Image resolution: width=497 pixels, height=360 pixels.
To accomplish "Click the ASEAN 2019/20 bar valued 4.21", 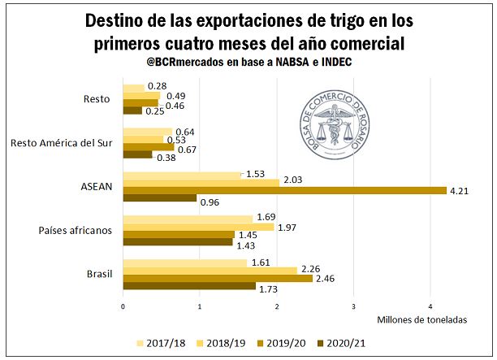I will click(x=284, y=190).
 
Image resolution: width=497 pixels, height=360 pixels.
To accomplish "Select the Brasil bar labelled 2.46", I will click(x=217, y=278).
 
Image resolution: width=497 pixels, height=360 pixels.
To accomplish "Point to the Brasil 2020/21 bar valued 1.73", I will click(x=188, y=286).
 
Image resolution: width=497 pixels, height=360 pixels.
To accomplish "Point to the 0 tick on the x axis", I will click(x=123, y=306).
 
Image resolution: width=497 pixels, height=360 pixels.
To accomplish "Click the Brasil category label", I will click(x=98, y=274).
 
